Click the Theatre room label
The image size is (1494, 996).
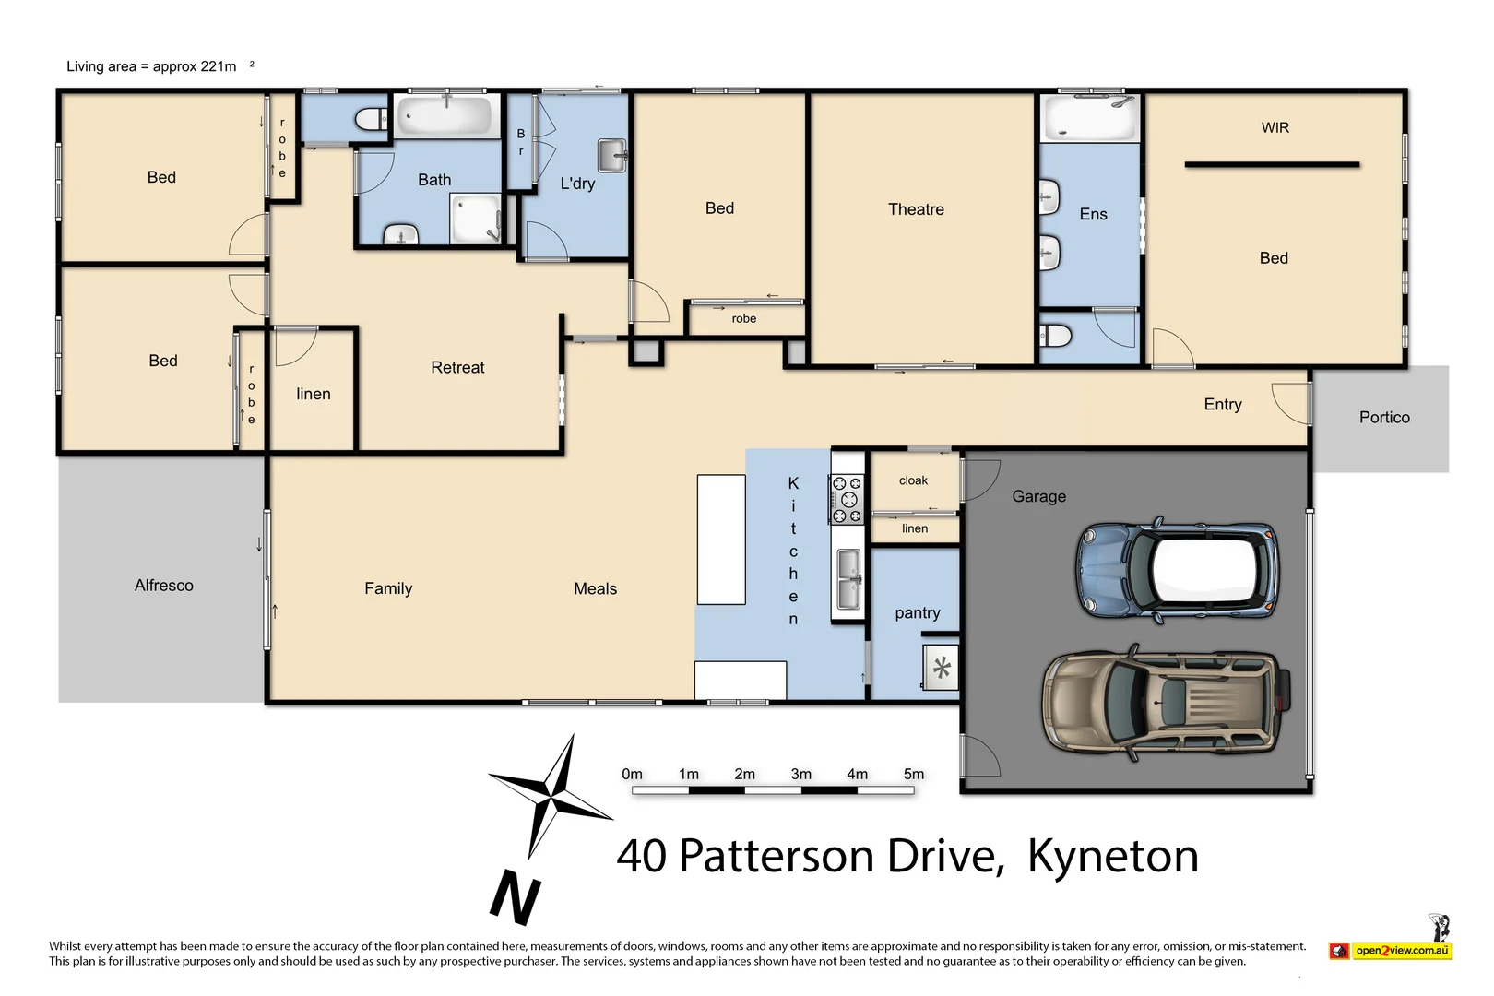coord(915,209)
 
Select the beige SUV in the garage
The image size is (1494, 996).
coord(1165,702)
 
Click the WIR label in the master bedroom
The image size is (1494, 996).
coord(1275,128)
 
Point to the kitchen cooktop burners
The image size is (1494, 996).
coord(847,500)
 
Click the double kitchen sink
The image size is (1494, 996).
coord(848,579)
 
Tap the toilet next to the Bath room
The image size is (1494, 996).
coord(372,118)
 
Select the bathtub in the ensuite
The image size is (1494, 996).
coord(1089,118)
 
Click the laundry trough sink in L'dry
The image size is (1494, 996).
coord(611,155)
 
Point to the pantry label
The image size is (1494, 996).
coord(917,613)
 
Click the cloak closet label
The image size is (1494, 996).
coord(913,480)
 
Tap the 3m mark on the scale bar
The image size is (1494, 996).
coord(800,775)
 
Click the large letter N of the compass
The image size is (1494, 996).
coord(515,895)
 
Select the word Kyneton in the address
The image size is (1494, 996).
coord(1112,856)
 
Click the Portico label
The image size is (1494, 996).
coord(1383,418)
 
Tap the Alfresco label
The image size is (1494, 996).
coord(164,586)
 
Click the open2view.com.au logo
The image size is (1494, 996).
coord(1401,950)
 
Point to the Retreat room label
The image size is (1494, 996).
coord(457,368)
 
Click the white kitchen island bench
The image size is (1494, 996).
coord(720,539)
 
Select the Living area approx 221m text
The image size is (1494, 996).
coord(152,66)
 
